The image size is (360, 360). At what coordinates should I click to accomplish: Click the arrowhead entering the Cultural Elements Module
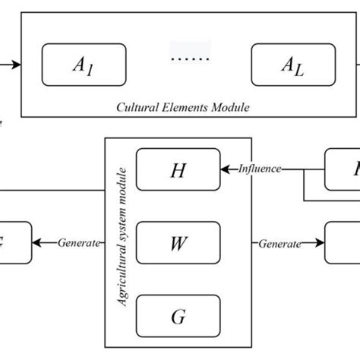17,65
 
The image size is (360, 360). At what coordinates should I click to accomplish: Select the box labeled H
178,169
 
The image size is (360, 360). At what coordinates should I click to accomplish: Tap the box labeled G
178,316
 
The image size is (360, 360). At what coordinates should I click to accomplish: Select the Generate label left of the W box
79,243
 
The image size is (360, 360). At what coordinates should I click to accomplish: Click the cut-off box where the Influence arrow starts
343,169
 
